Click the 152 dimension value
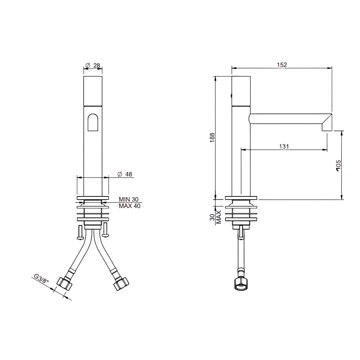click(x=282, y=65)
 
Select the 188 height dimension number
click(x=212, y=138)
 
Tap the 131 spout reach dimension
click(x=284, y=147)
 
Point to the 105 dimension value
click(x=338, y=165)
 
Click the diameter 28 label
click(x=93, y=65)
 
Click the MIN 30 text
click(x=128, y=199)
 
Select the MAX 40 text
click(x=130, y=206)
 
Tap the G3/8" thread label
click(x=42, y=280)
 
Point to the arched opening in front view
click(x=93, y=122)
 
